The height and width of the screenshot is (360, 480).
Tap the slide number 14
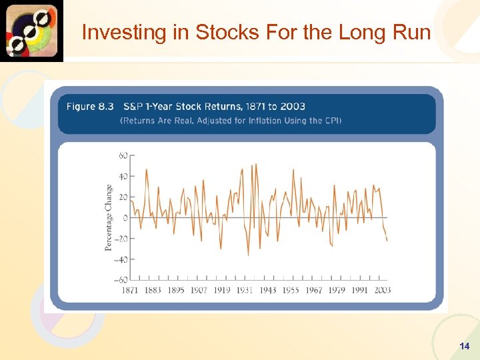tap(465, 346)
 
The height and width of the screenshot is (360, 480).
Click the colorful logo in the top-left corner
tap(31, 31)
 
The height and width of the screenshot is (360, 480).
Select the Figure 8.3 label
tap(90, 107)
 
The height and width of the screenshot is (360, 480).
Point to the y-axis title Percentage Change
tap(109, 218)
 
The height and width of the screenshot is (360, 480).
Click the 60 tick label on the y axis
tap(123, 155)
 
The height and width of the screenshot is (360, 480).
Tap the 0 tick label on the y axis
tap(125, 218)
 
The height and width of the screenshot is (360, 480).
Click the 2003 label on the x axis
tap(382, 290)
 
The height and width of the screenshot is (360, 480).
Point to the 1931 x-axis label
tap(245, 290)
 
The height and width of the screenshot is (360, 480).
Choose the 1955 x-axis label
tap(291, 290)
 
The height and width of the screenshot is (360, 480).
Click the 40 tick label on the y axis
tap(123, 177)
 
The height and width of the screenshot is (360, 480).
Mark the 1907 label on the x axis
tap(199, 290)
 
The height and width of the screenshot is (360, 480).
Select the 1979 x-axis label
tap(336, 290)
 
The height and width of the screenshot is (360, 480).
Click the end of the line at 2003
tap(387, 240)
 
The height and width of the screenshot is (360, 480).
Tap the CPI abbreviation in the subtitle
tap(331, 121)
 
